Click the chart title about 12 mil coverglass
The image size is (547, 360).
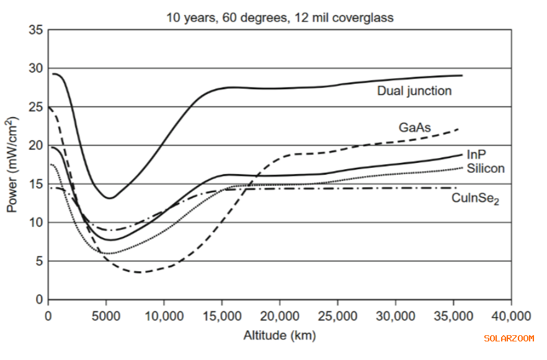tap(279, 17)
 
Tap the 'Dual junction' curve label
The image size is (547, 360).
tap(414, 91)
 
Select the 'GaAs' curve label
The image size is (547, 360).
tap(415, 128)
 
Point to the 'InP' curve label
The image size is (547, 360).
tap(476, 155)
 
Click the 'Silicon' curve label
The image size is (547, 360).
tap(486, 168)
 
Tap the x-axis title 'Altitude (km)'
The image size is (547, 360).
tap(279, 336)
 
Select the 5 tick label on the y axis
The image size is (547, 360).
tap(38, 261)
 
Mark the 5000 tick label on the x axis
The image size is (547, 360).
tap(106, 315)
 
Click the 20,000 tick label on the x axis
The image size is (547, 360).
tap(279, 315)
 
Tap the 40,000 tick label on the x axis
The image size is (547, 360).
tap(511, 315)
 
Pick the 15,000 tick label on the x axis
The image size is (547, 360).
tap(221, 315)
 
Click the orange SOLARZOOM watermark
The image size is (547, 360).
tap(509, 338)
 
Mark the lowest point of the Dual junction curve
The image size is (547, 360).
tap(110, 198)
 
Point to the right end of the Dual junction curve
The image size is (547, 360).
tap(462, 76)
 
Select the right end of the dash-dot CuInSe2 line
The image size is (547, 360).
tap(457, 188)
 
